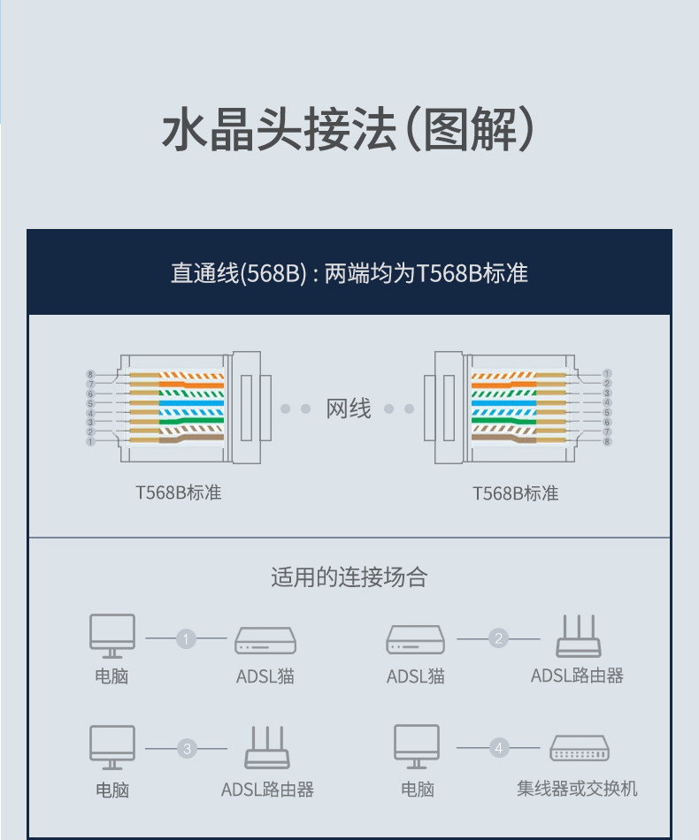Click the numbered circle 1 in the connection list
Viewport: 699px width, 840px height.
(x=186, y=638)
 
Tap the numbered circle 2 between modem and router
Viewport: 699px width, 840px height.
(x=499, y=638)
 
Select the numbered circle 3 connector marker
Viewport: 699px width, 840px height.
(x=187, y=750)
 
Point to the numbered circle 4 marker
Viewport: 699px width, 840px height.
(x=499, y=750)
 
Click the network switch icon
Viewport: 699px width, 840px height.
(x=580, y=749)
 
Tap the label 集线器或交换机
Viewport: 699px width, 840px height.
(x=577, y=788)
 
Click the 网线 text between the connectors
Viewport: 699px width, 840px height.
(x=349, y=409)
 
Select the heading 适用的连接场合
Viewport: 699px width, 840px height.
(x=349, y=577)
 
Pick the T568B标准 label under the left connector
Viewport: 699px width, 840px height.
(x=178, y=493)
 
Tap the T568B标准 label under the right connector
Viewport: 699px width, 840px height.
(x=515, y=493)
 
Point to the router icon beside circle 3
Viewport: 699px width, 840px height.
(x=266, y=748)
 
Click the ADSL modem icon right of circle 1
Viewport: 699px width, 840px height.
(x=265, y=640)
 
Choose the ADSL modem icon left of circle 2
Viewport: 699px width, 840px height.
(x=415, y=640)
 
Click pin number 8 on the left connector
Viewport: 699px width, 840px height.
(x=90, y=374)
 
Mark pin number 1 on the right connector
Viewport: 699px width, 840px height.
(x=607, y=374)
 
